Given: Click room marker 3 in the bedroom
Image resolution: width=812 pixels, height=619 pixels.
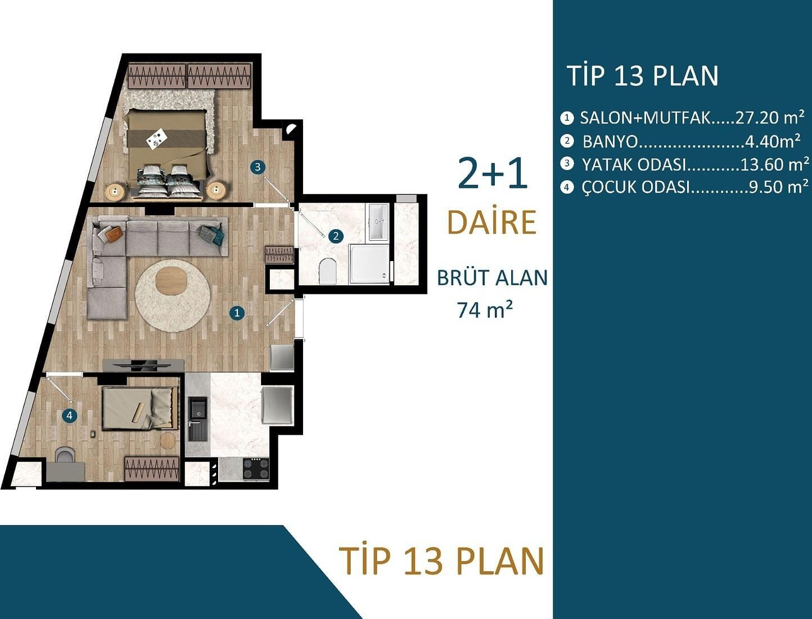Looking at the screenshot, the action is pyautogui.click(x=258, y=167).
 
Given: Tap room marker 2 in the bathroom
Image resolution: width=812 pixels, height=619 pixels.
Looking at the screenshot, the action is pyautogui.click(x=336, y=236).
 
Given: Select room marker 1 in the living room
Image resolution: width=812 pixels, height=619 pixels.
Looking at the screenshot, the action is pyautogui.click(x=237, y=313).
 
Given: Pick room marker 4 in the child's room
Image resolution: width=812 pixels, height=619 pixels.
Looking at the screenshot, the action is pyautogui.click(x=70, y=416).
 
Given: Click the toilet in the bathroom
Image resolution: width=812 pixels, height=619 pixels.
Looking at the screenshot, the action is pyautogui.click(x=327, y=271).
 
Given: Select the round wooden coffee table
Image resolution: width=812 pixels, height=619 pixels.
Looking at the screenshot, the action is pyautogui.click(x=172, y=281).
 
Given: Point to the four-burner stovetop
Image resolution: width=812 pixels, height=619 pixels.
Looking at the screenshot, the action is pyautogui.click(x=256, y=469).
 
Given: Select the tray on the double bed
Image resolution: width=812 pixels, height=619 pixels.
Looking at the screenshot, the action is pyautogui.click(x=157, y=139).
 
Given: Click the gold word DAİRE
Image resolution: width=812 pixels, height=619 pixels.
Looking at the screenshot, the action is pyautogui.click(x=491, y=222).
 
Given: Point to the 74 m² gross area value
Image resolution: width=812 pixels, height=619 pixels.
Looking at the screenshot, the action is pyautogui.click(x=485, y=310).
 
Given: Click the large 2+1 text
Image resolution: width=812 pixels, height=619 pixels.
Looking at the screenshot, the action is pyautogui.click(x=493, y=173).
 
